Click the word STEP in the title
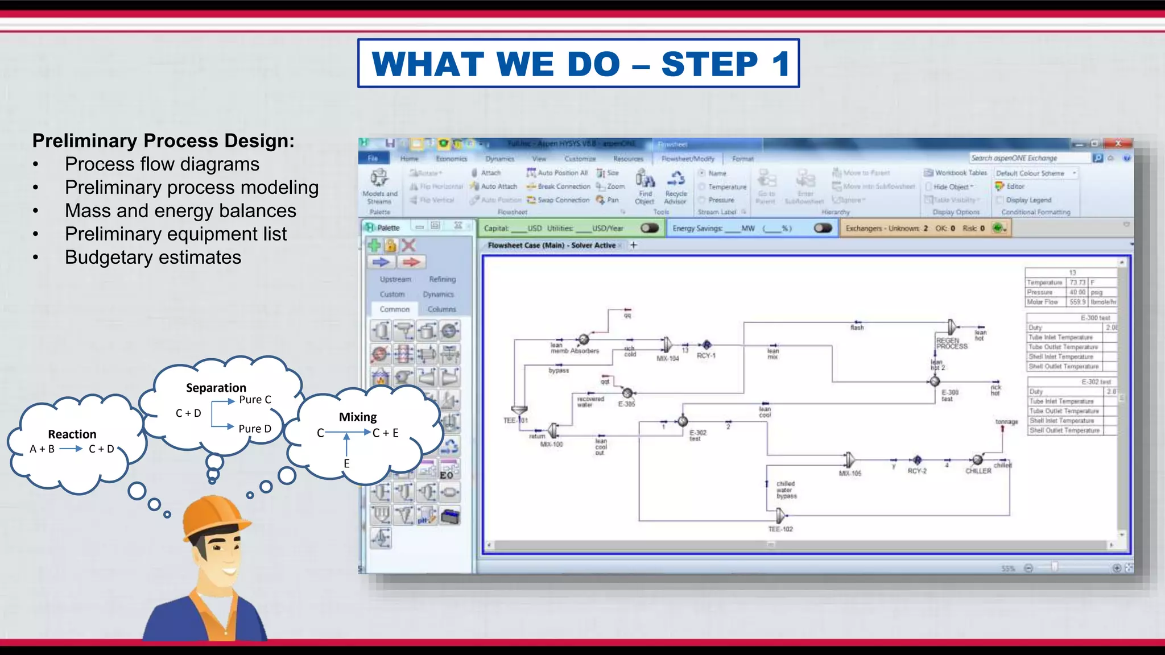(x=709, y=64)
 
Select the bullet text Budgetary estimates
(x=152, y=258)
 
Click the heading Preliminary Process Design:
(x=163, y=140)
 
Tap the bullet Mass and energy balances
(x=180, y=211)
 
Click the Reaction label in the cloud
(x=72, y=434)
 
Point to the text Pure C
(x=255, y=400)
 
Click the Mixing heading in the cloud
(x=358, y=417)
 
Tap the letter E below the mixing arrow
(x=346, y=463)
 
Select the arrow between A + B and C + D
(x=71, y=449)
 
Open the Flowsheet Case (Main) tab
(x=551, y=245)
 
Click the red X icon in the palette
(x=408, y=245)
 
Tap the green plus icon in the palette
(x=374, y=245)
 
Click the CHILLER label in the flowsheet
(x=978, y=471)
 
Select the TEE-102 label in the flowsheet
(x=780, y=529)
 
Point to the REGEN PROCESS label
(x=952, y=343)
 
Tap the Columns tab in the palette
(x=441, y=309)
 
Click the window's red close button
(x=1118, y=143)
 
